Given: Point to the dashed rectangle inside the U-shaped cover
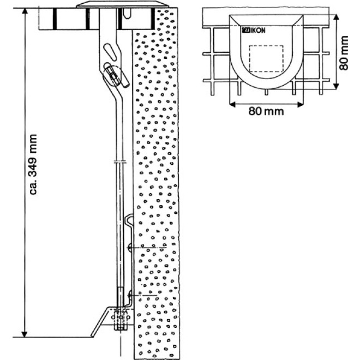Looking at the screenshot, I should pos(266,58).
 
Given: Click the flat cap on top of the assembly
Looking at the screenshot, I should pos(120,5).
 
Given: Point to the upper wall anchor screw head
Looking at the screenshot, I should pos(130,248).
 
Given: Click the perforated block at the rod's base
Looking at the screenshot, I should pos(120,319).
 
